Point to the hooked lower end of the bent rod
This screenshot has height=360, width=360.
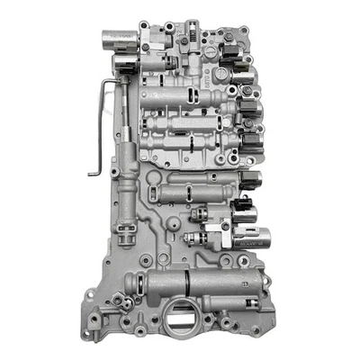[94, 171]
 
